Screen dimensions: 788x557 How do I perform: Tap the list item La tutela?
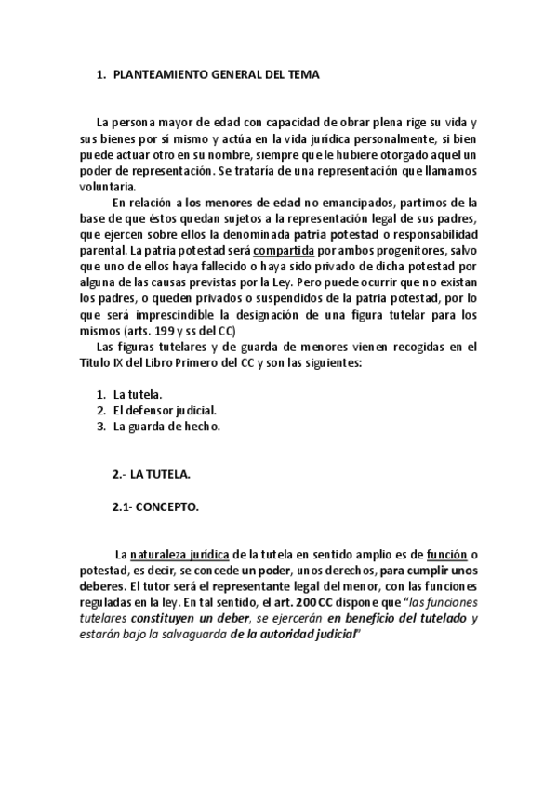click(139, 394)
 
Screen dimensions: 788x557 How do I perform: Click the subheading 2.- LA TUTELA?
click(151, 474)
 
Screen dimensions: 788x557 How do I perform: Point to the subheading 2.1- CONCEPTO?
click(155, 507)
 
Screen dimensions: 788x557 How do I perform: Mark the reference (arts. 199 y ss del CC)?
click(179, 330)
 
